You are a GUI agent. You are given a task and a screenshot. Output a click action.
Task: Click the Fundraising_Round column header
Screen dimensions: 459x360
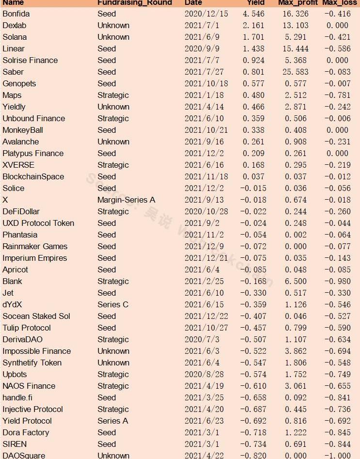pos(134,3)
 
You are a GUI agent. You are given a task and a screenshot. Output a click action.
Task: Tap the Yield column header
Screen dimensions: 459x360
pos(255,3)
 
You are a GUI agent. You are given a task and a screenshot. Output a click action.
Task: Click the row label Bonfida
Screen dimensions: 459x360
pos(16,14)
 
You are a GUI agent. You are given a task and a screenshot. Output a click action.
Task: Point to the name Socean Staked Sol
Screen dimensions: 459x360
pos(36,316)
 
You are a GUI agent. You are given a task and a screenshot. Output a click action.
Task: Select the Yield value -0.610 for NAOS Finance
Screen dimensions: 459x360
pos(253,386)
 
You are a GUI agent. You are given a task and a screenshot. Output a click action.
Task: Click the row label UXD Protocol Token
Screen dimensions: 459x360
pos(38,223)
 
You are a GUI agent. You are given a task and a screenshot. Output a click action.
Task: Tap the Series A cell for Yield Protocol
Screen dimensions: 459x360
pos(113,421)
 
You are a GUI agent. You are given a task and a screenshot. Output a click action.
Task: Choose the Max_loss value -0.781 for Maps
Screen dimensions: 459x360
pos(336,95)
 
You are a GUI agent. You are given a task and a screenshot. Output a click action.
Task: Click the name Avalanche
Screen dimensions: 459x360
pos(20,142)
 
